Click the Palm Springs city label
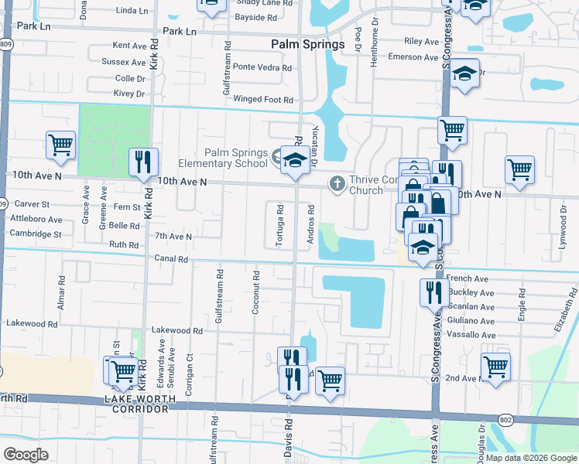[308, 45]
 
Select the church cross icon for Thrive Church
[337, 184]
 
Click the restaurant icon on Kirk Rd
[142, 162]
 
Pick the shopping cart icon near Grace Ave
[60, 145]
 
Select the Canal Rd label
[171, 259]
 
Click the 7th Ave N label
[173, 236]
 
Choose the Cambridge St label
[35, 234]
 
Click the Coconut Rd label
[255, 290]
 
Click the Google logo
[26, 454]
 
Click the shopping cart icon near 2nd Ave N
[495, 367]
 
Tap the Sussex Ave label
[124, 62]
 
